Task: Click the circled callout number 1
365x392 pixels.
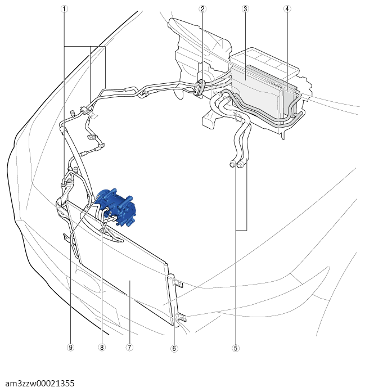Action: point(64,9)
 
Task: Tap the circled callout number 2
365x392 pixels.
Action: point(202,9)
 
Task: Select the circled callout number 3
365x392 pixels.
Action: point(245,9)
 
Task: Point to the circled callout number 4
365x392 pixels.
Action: point(287,9)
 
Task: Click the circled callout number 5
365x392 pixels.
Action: point(236,348)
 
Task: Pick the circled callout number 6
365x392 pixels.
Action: point(174,348)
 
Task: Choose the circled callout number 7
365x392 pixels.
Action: point(129,347)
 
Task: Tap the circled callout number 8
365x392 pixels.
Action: point(102,347)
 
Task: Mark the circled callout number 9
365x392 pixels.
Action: point(70,347)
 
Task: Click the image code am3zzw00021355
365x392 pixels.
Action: point(40,383)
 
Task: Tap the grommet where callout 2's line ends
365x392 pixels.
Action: point(200,87)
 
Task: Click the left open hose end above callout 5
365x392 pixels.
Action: point(232,164)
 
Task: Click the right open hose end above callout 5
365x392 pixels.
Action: point(240,164)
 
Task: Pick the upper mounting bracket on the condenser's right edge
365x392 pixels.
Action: point(177,283)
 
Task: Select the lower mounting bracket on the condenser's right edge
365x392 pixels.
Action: point(181,318)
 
